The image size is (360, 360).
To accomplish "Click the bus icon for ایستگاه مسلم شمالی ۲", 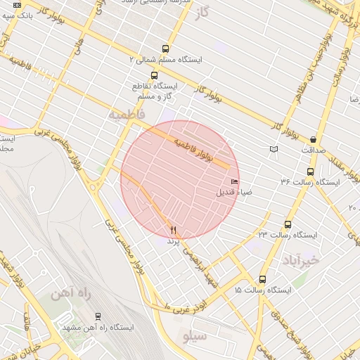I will tap(165, 49).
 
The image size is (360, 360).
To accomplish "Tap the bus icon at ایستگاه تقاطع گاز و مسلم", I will tap(154, 75).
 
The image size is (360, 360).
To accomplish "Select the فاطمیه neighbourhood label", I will tap(126, 112).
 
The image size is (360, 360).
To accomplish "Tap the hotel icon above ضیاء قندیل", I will tap(234, 182).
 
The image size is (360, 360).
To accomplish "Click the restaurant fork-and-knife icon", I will tap(173, 230).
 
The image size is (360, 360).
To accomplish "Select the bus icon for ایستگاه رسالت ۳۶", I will tap(310, 172).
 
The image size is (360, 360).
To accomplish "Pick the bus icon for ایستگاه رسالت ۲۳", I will tap(288, 224).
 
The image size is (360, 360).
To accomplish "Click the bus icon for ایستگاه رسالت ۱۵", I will tap(263, 279).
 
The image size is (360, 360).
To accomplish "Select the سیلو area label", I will tap(195, 337).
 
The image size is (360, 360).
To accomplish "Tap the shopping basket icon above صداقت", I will tap(313, 139).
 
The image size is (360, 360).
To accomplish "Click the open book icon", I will tap(274, 149).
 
